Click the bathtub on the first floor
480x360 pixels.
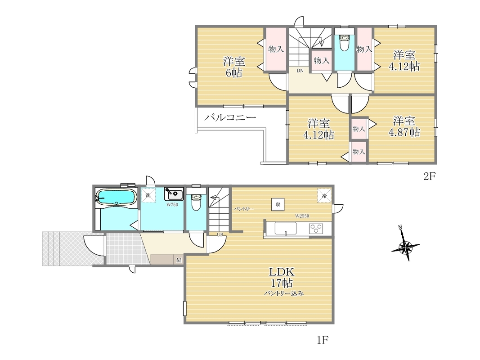coord(116,197)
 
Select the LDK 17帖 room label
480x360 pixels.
coord(282,277)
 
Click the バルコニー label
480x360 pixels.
coord(230,117)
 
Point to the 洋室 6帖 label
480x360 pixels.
coord(234,67)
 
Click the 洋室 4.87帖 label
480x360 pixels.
coord(404,126)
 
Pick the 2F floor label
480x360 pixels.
coord(429,176)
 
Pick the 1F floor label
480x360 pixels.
coord(323,340)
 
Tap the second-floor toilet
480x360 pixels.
coord(345,43)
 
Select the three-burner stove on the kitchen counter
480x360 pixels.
coord(316,229)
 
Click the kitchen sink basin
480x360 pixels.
coord(286,228)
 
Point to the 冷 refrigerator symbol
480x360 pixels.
coord(324,195)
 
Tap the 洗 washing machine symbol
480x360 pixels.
coord(148,195)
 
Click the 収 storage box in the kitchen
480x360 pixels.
coord(278,204)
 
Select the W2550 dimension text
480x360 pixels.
coord(302,216)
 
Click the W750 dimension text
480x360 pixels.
coord(172,205)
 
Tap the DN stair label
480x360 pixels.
coord(300,71)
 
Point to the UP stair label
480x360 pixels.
coord(220,235)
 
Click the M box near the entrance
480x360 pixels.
coord(179,260)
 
